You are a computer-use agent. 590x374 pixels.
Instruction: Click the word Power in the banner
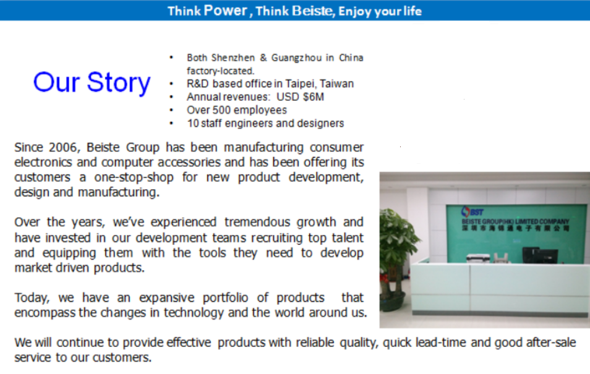point(225,11)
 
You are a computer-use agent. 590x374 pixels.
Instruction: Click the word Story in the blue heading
point(119,83)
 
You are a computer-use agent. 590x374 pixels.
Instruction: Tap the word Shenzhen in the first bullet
point(233,57)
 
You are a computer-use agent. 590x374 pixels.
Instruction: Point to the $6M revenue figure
point(314,96)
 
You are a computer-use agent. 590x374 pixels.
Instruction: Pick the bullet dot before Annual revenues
point(171,97)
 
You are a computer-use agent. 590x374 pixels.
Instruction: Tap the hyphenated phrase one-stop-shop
point(134,177)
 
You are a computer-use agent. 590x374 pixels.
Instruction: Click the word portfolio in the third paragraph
point(225,297)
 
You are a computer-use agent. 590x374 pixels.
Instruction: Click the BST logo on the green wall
point(472,211)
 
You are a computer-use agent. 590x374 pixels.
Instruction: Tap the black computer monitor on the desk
point(531,255)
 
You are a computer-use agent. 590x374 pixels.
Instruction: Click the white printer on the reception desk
point(478,258)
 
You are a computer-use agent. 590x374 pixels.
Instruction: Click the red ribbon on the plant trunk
point(385,279)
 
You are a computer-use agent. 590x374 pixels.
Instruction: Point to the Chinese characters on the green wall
point(516,228)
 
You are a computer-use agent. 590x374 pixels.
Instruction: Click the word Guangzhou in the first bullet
point(296,57)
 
